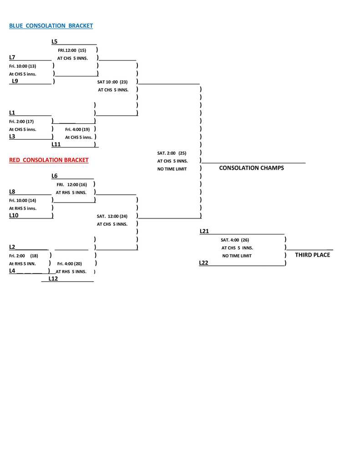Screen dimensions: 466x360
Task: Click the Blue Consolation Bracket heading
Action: pos(51,26)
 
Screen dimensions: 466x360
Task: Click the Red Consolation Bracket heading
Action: pos(49,160)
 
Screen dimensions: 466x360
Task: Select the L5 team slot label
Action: pos(55,41)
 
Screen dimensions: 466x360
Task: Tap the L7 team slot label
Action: pos(12,57)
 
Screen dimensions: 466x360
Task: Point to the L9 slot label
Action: pos(15,81)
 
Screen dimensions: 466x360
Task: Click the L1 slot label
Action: pos(12,112)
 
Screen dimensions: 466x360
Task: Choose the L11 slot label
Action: pos(56,144)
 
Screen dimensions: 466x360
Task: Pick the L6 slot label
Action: pos(55,176)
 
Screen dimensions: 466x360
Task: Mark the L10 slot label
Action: pos(14,215)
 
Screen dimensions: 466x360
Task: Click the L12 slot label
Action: pos(53,279)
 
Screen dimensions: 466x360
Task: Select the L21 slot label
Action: pos(204,231)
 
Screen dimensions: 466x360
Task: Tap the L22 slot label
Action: pos(203,263)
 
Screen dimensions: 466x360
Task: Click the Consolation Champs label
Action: pos(251,168)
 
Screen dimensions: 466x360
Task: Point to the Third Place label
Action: pos(312,255)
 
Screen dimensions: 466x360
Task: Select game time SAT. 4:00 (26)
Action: pos(235,240)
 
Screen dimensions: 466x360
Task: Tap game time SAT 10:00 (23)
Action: pos(112,82)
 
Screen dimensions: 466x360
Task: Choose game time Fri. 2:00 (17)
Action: pos(21,122)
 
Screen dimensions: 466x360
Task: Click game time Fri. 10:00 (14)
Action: pos(22,200)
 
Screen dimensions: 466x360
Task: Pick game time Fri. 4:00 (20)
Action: pos(70,263)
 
